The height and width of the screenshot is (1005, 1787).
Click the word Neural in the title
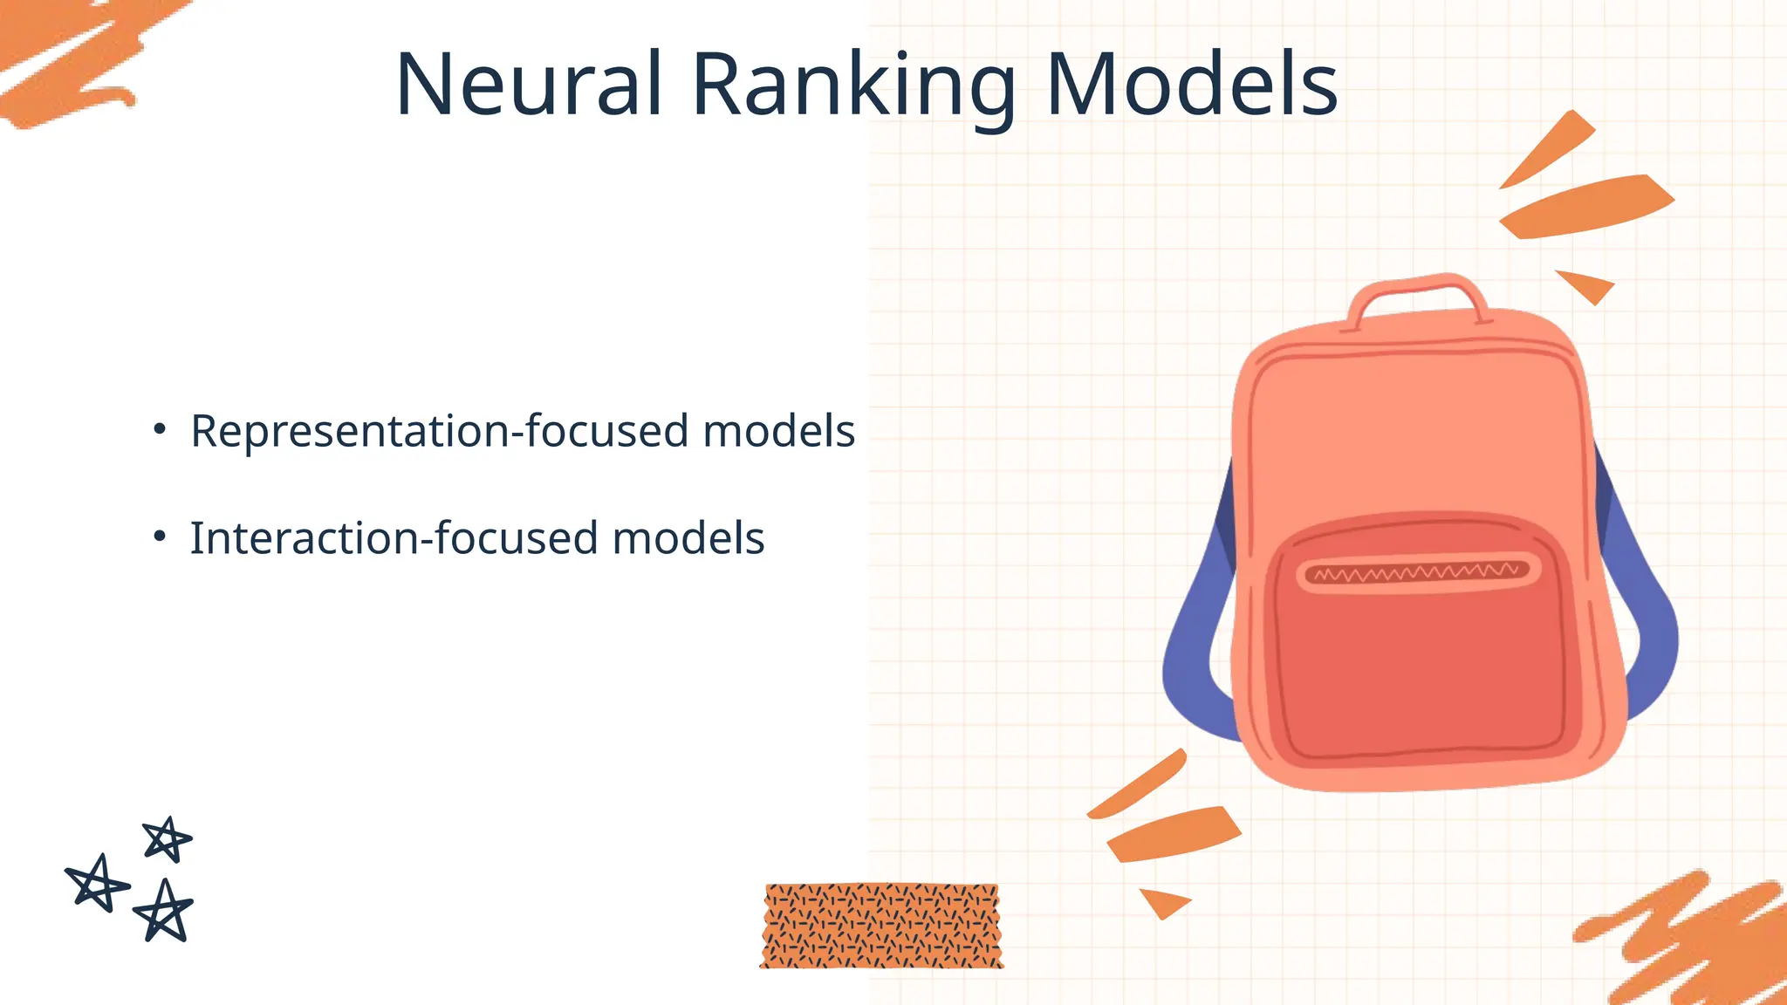tap(529, 85)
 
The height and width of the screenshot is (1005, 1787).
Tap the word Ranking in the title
tap(853, 85)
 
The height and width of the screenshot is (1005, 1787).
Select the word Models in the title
tap(1191, 85)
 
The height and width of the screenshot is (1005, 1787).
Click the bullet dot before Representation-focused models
tap(159, 429)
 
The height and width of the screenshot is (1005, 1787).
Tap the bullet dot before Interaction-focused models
tap(159, 537)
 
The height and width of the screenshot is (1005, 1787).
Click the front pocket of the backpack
tap(1418, 663)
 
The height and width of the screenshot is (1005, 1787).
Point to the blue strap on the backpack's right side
tap(1645, 628)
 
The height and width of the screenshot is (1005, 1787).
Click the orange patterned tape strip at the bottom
tap(881, 926)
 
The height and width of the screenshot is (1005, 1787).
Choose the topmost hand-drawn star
tap(166, 839)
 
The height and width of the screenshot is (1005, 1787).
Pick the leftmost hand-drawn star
tap(97, 883)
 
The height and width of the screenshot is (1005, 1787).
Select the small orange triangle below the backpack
tap(1165, 901)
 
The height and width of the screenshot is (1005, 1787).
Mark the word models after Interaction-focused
tap(688, 538)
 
